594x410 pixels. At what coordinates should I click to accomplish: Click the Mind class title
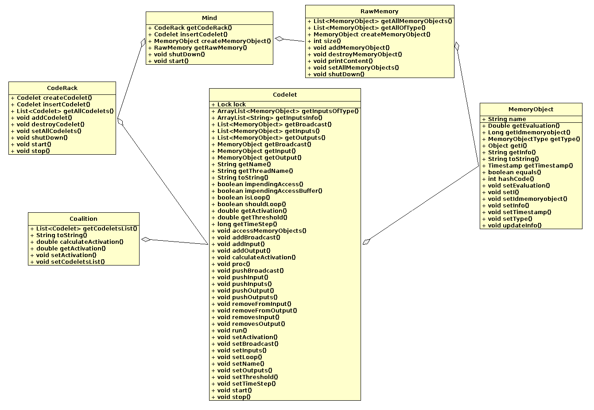coord(209,18)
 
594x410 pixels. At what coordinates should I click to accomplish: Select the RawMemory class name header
coord(379,12)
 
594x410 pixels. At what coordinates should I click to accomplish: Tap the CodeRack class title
coord(62,88)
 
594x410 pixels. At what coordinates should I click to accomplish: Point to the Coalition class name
coord(83,219)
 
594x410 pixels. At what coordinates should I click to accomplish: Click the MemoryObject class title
coord(531,109)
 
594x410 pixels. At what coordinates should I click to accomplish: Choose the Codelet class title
coord(285,95)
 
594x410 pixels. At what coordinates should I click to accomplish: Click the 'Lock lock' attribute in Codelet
coord(231,105)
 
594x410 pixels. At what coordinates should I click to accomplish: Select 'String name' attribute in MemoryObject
coord(507,119)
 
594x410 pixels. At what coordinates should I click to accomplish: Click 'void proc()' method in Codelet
coord(233,264)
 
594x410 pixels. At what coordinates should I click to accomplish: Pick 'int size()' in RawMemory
coord(327,41)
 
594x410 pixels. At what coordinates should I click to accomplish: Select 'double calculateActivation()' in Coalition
coord(80,242)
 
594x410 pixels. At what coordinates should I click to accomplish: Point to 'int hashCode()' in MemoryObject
coord(511,179)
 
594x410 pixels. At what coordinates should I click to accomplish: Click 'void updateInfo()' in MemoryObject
coord(514,226)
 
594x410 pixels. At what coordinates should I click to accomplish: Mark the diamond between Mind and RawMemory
coord(280,39)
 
